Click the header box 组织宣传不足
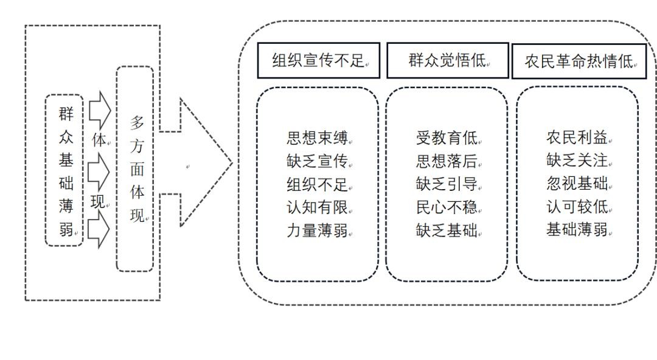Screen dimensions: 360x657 tap(318, 60)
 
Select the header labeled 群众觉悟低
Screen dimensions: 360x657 tap(447, 60)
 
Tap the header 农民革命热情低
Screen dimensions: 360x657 tap(579, 61)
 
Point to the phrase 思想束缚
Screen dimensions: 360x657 tap(317, 137)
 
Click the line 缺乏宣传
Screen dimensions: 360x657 tap(317, 161)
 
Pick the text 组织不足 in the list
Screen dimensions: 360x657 tap(317, 184)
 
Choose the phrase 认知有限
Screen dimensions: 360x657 tap(317, 207)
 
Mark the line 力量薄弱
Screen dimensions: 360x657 tap(317, 230)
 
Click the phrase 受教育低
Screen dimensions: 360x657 tap(447, 138)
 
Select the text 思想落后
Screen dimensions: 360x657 tap(447, 161)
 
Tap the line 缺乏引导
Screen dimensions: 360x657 tap(447, 184)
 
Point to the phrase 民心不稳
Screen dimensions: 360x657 tap(447, 207)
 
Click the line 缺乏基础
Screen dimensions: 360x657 tap(447, 230)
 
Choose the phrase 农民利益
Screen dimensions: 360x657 tap(577, 137)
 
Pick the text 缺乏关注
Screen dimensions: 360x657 tap(577, 161)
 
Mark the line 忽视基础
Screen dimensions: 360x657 tap(577, 184)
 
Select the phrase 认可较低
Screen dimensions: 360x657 tap(577, 207)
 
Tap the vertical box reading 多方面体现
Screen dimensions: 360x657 tap(135, 168)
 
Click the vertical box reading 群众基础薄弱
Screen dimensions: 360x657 tap(64, 170)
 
